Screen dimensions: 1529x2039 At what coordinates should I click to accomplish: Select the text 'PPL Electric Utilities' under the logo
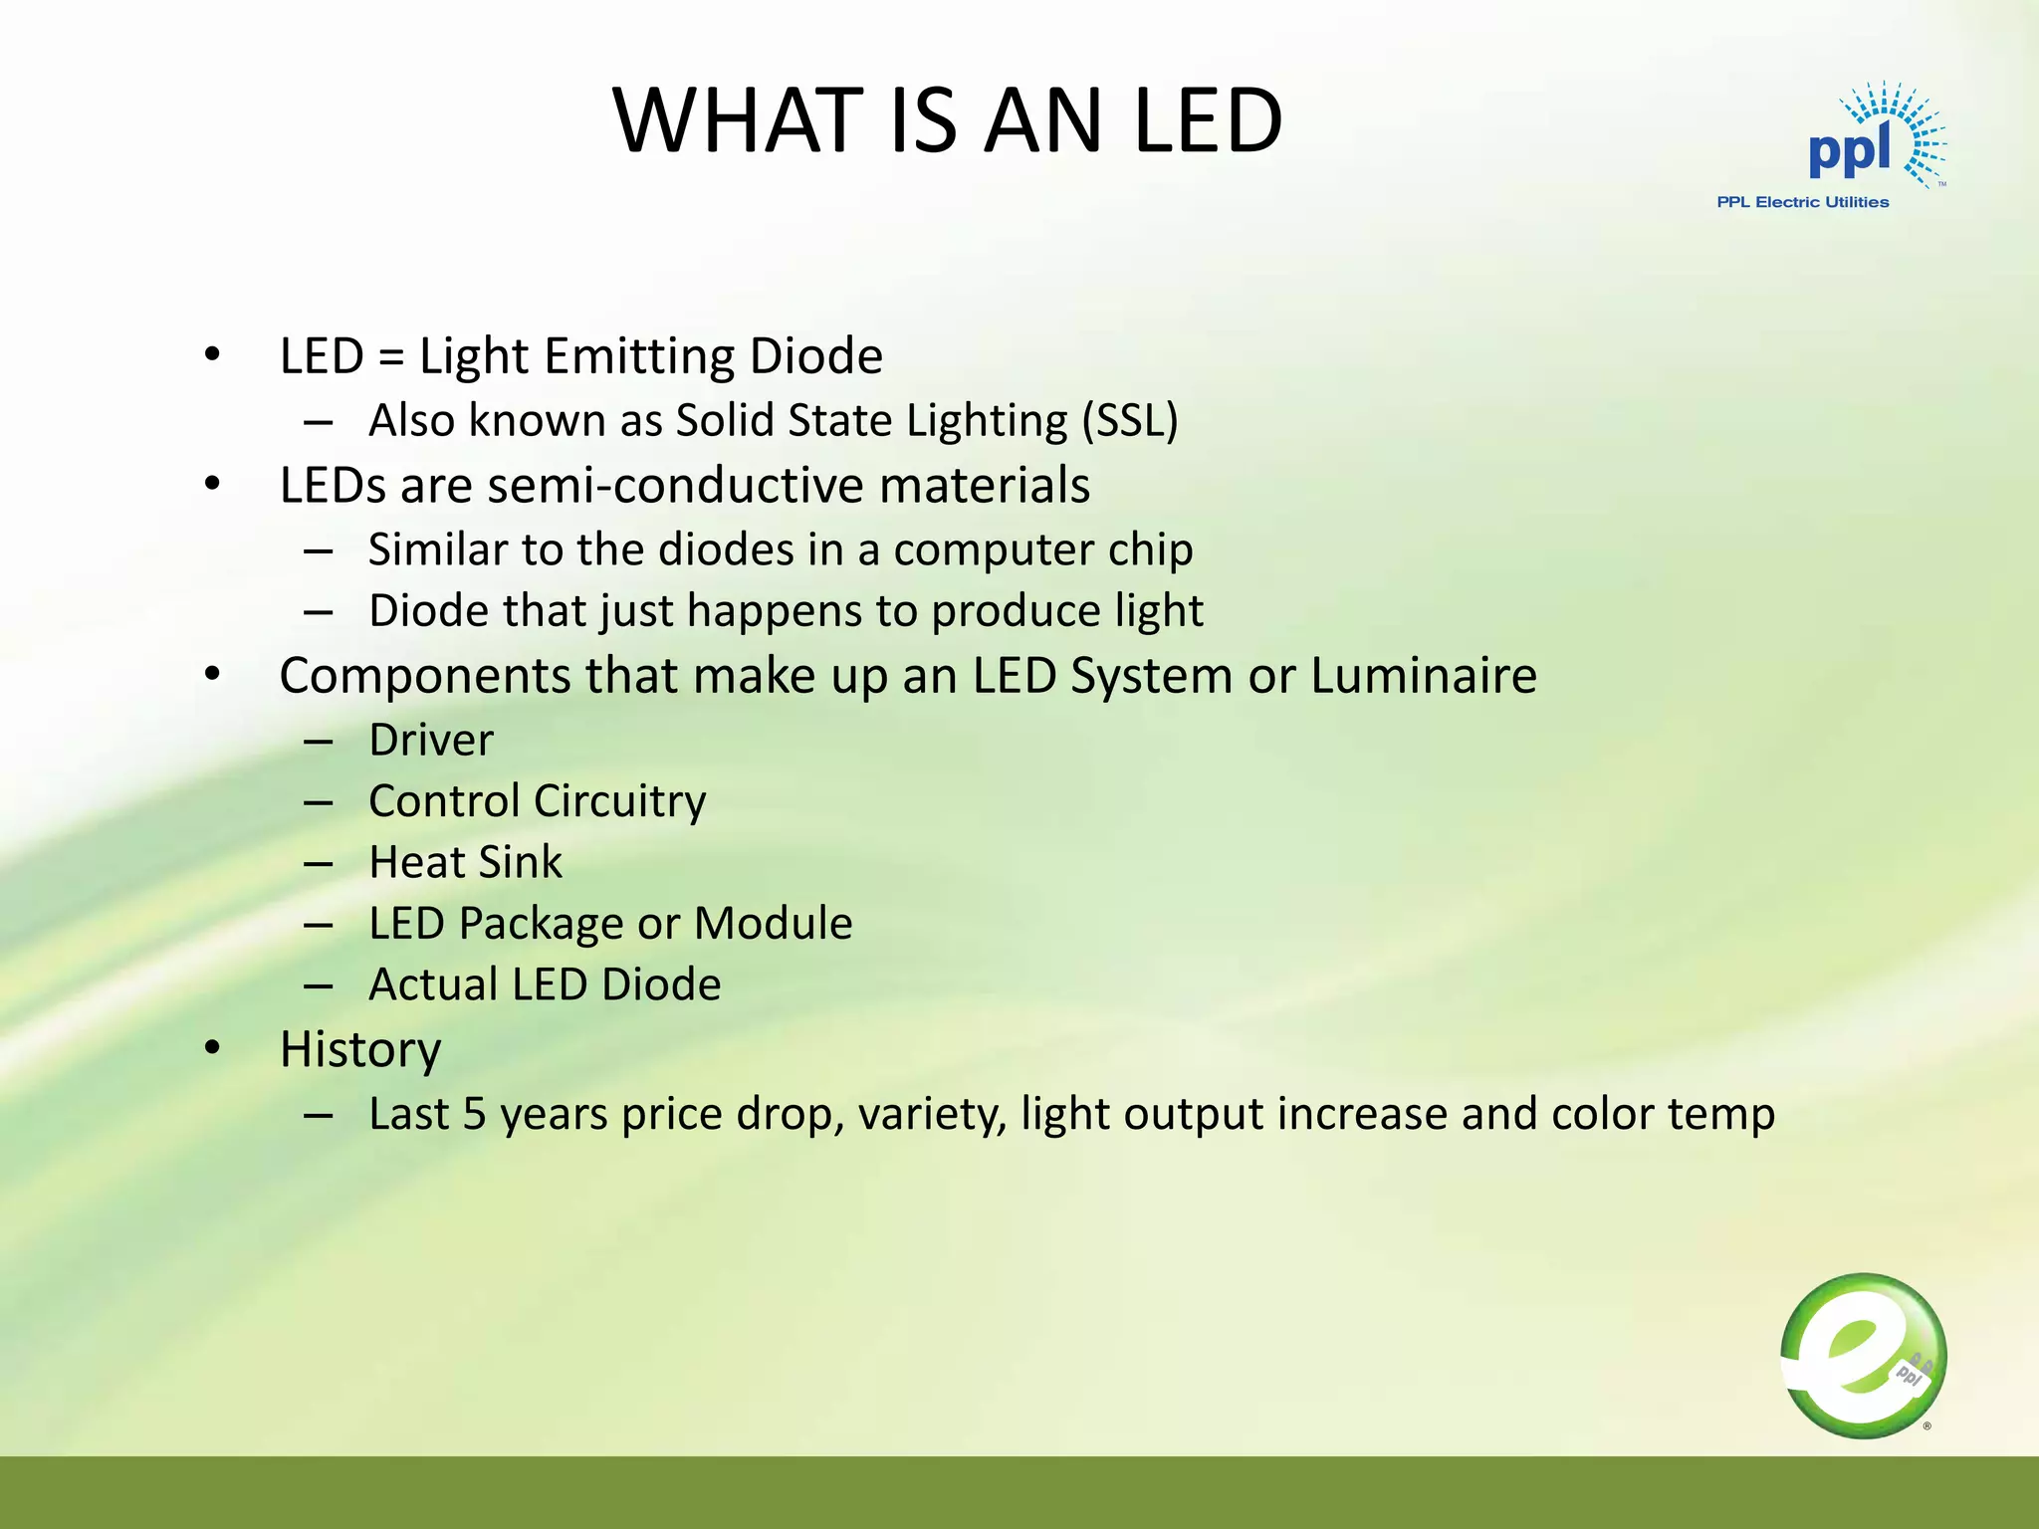click(1802, 202)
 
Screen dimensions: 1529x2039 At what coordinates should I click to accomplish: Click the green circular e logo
click(1863, 1356)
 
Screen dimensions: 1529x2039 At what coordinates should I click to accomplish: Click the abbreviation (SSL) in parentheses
click(1130, 420)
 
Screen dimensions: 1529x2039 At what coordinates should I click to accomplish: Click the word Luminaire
click(1423, 676)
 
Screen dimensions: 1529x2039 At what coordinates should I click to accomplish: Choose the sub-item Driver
click(430, 741)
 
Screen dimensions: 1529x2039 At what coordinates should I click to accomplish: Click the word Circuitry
click(619, 801)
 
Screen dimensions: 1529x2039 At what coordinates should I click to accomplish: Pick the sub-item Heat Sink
click(465, 862)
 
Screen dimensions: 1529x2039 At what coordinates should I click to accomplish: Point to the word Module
click(773, 924)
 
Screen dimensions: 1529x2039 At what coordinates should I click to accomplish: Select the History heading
click(359, 1049)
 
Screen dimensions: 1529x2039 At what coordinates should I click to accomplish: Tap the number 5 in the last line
click(474, 1114)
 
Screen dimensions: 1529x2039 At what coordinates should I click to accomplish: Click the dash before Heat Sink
click(318, 863)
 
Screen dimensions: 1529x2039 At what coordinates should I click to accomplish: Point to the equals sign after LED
click(391, 357)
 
